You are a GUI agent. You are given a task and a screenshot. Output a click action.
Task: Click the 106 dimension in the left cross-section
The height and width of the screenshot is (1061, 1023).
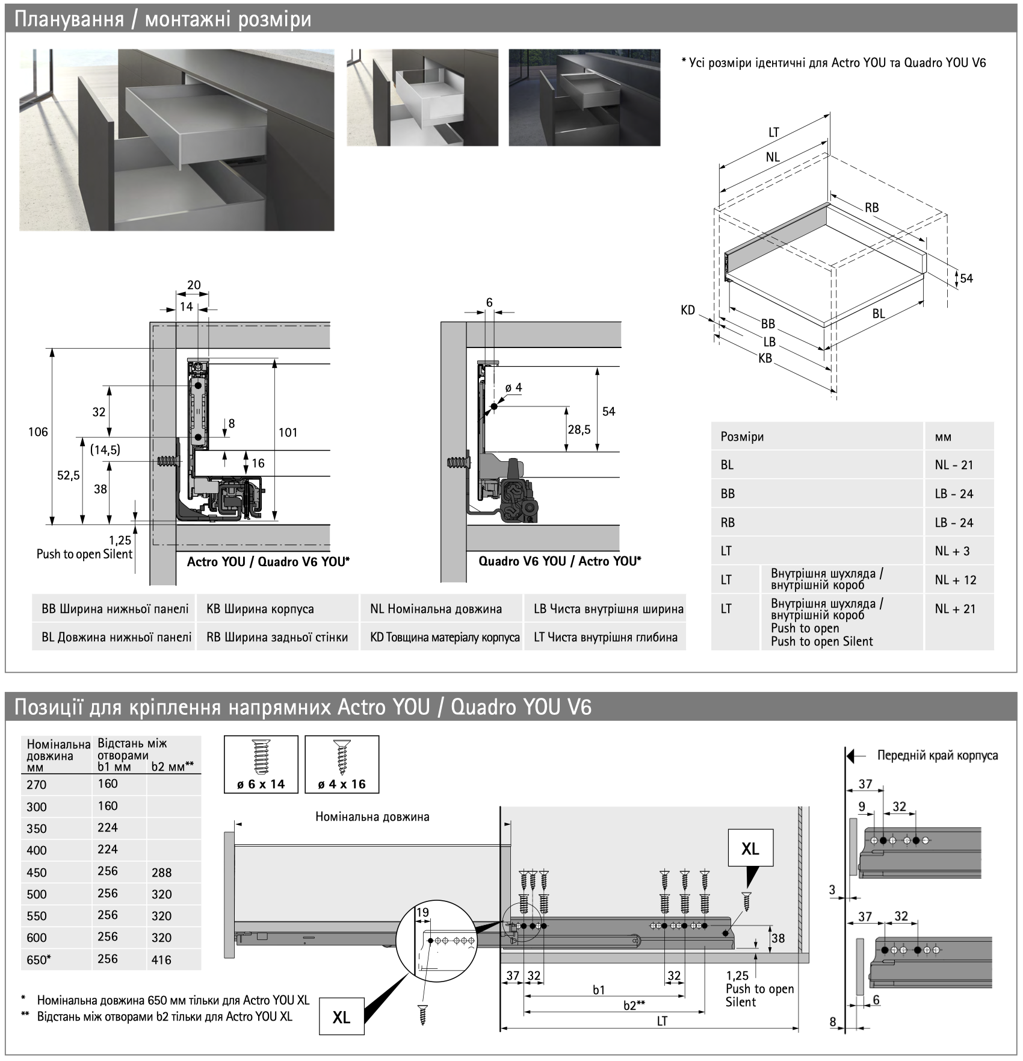tap(38, 432)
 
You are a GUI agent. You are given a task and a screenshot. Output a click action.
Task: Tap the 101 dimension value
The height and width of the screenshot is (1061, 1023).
tap(288, 432)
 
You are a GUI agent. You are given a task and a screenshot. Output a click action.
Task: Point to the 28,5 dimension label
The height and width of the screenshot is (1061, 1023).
tap(579, 429)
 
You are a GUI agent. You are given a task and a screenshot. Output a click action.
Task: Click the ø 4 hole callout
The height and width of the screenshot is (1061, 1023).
tap(513, 388)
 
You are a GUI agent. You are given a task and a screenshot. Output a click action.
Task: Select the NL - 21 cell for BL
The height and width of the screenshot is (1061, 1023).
tap(954, 465)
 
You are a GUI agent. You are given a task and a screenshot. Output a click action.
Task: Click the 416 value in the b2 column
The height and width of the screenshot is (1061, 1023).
tap(162, 960)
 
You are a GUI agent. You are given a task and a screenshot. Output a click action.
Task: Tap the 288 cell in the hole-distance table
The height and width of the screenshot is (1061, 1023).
tap(162, 873)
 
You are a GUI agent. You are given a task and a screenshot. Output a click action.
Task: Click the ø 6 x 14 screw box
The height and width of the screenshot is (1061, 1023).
tap(261, 764)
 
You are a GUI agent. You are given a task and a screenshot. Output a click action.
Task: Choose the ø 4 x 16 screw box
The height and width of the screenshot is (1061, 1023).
tap(341, 764)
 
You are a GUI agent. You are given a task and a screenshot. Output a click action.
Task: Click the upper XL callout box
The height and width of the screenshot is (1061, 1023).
tap(750, 848)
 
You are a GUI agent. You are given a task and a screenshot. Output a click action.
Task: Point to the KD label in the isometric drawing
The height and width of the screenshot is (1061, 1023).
tap(687, 310)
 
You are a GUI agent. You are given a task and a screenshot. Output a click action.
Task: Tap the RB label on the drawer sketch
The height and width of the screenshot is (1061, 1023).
tap(871, 208)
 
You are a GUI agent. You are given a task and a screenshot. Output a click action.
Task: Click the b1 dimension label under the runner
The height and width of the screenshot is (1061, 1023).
tap(598, 990)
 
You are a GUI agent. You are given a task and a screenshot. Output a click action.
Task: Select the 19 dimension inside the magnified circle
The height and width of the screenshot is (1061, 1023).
tap(422, 912)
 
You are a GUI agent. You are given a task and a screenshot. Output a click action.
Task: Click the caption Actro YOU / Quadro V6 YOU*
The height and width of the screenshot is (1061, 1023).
tap(268, 562)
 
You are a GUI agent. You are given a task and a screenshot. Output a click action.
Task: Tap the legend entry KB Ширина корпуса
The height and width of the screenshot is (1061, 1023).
tap(260, 609)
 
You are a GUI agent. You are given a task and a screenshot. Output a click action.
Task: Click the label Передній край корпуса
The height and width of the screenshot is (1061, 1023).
tap(937, 755)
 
